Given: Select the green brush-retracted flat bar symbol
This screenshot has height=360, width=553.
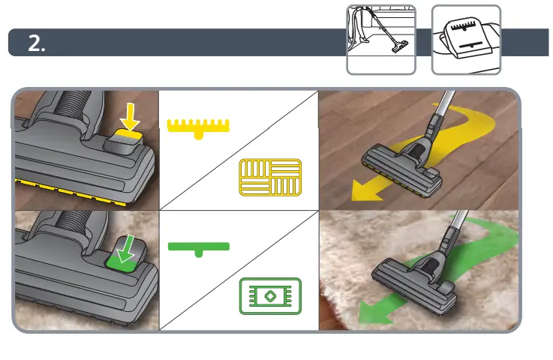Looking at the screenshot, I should [198, 247].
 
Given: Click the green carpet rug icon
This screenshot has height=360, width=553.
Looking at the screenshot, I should [269, 296].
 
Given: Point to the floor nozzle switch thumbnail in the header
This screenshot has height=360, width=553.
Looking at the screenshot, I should [465, 40].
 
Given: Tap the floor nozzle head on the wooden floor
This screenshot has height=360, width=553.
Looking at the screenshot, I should [402, 160].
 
